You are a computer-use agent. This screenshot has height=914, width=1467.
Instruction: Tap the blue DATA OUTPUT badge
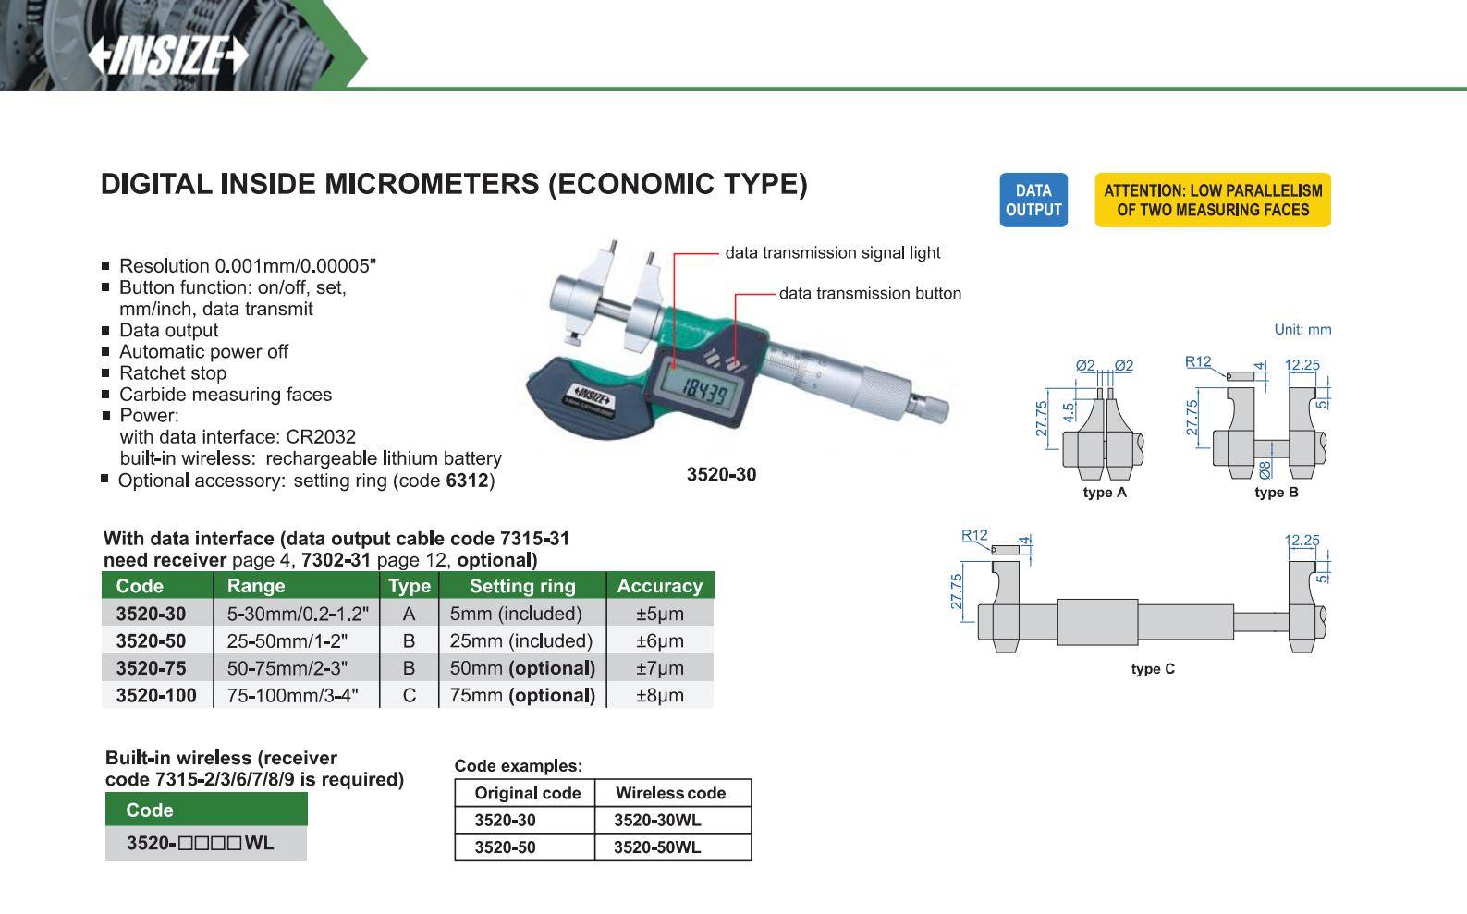click(x=1033, y=200)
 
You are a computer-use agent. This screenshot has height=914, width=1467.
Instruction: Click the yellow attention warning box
click(x=1212, y=200)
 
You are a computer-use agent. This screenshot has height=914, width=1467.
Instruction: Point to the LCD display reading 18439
click(x=703, y=392)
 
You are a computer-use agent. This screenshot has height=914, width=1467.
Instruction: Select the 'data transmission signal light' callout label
click(x=832, y=252)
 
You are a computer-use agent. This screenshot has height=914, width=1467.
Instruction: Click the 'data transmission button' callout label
click(x=870, y=293)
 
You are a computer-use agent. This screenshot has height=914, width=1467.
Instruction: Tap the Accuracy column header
click(x=659, y=586)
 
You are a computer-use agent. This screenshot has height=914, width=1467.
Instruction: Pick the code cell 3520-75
click(x=151, y=668)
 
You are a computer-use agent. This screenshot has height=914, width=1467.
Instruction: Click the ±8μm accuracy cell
click(x=659, y=695)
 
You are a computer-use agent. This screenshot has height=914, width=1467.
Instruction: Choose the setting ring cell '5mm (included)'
click(x=516, y=614)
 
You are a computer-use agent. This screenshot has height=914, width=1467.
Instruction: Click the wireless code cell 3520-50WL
click(x=657, y=847)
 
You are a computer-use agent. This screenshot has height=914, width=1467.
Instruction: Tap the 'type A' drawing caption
click(x=1105, y=493)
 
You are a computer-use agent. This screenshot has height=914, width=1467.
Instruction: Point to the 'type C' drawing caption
click(x=1153, y=669)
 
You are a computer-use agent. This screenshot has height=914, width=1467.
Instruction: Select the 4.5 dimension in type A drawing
click(x=1069, y=412)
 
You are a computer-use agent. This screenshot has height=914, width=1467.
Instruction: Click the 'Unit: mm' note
click(x=1302, y=329)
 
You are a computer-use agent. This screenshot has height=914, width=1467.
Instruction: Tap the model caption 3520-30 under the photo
click(x=721, y=475)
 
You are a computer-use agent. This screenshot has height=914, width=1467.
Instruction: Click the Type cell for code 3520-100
click(x=409, y=695)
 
